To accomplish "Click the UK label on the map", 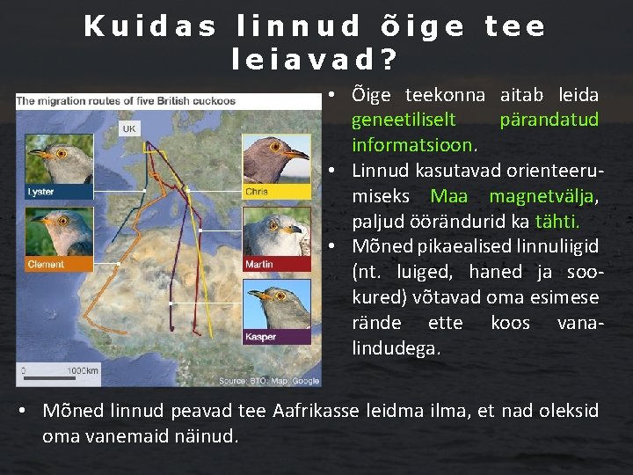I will [129, 128].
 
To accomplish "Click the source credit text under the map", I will [269, 380].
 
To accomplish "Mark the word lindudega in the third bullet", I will [397, 348].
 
